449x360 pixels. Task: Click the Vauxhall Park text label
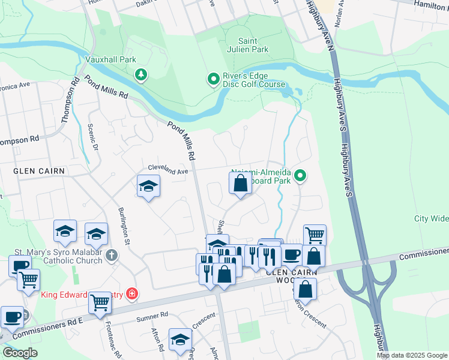(110, 59)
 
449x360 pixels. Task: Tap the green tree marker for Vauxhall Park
(141, 74)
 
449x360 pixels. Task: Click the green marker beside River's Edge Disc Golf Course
(212, 79)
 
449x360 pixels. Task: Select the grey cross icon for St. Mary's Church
(111, 256)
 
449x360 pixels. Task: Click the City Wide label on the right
(431, 218)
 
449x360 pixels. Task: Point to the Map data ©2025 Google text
(411, 355)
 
